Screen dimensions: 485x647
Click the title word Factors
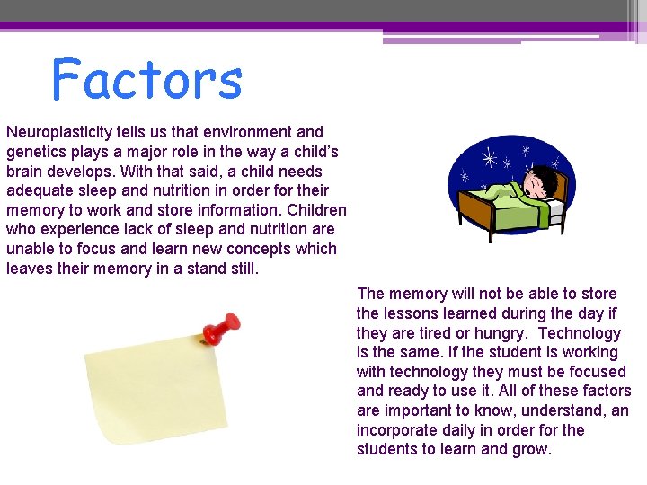click(147, 79)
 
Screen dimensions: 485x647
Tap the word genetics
click(38, 152)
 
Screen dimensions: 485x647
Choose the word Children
click(315, 210)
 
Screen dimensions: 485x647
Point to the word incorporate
click(396, 430)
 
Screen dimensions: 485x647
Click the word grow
click(531, 449)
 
